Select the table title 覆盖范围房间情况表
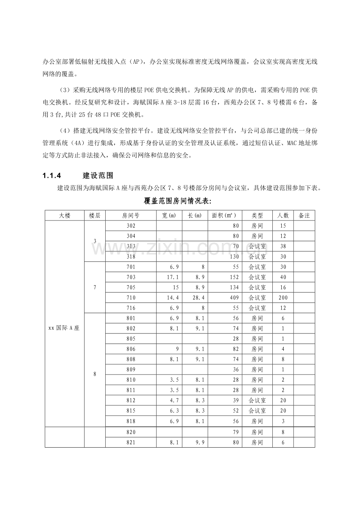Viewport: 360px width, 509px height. (177, 201)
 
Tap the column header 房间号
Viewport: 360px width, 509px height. (131, 215)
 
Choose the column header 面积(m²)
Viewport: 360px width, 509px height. (224, 215)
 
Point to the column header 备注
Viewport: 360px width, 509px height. (304, 215)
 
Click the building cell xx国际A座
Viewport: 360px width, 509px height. (64, 328)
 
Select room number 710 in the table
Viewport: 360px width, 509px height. (131, 298)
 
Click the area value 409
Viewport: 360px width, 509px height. (234, 298)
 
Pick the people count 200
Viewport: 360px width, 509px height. (283, 298)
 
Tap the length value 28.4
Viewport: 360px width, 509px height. (200, 298)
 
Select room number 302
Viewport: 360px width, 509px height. (131, 226)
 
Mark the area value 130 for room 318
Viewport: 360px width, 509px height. (234, 257)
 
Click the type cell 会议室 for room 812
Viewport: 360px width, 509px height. (257, 401)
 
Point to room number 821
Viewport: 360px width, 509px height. (131, 443)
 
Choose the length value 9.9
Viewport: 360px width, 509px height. (200, 443)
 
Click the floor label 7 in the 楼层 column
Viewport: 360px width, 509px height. (95, 287)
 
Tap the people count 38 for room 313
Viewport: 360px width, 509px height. (283, 247)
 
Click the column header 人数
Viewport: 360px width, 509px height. (283, 215)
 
